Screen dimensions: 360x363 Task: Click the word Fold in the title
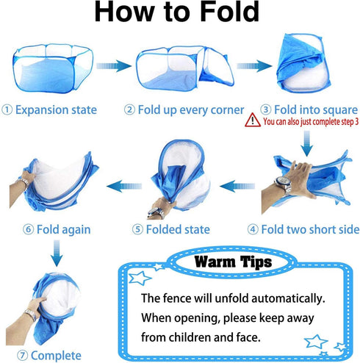click(x=229, y=12)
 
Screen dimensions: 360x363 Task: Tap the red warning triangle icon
click(x=253, y=120)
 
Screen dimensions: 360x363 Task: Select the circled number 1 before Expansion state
click(x=7, y=109)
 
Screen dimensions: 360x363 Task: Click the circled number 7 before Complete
click(x=23, y=356)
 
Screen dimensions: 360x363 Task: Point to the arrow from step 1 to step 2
click(x=114, y=66)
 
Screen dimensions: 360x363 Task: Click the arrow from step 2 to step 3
click(x=254, y=66)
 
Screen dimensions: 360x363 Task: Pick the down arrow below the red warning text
click(x=306, y=143)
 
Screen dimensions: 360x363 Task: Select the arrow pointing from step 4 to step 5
click(x=237, y=186)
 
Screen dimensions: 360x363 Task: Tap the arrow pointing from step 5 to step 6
click(x=124, y=186)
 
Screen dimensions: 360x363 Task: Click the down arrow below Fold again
click(x=57, y=254)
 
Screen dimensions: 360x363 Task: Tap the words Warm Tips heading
click(x=233, y=262)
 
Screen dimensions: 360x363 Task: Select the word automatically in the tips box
click(x=288, y=298)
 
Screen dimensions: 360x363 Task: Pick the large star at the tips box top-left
click(x=140, y=278)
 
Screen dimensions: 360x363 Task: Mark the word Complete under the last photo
click(x=56, y=356)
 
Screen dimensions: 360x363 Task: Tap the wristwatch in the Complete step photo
click(x=31, y=315)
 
